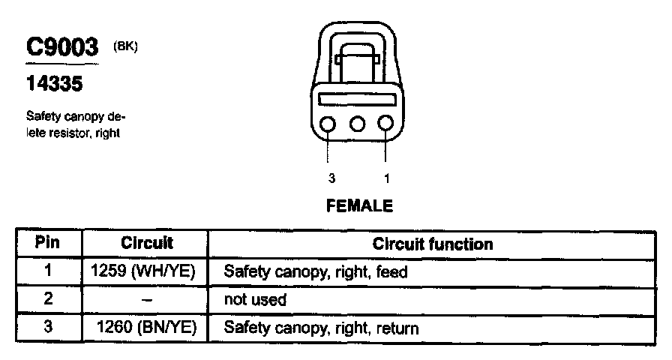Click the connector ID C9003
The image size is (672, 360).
coord(63,47)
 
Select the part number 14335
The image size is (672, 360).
coord(55,84)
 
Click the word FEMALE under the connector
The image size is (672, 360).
coord(359,205)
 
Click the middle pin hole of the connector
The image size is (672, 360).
coord(358,124)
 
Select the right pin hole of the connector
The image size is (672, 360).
coord(386,124)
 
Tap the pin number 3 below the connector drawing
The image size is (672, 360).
coord(331,178)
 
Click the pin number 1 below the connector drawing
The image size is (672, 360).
coord(387,178)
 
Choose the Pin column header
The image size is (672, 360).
coord(48,244)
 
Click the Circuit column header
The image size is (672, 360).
coord(147,244)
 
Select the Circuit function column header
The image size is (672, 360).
coord(433,244)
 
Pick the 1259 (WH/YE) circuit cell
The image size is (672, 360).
coord(142,271)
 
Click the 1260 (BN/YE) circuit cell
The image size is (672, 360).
coord(147,328)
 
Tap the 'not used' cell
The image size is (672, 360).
coord(255,300)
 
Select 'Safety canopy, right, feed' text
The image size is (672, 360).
coord(315,272)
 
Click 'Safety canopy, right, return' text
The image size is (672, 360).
coord(321,328)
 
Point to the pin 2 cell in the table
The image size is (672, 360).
coord(48,298)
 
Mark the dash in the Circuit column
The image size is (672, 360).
coord(147,300)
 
